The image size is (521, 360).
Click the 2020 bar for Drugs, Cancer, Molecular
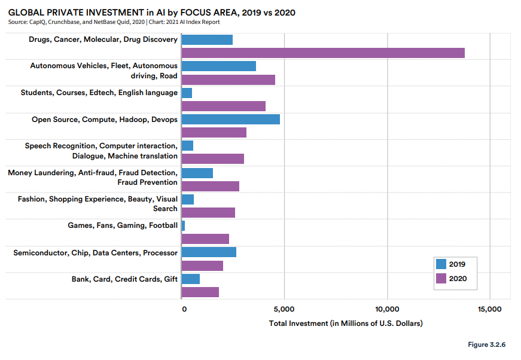(323, 53)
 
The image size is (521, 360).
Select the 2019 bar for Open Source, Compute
(230, 119)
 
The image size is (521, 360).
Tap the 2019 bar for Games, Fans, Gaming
(183, 225)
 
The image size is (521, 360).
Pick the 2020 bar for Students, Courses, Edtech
(223, 106)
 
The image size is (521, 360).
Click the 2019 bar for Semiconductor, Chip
(209, 252)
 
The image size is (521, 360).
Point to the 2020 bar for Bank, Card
(200, 292)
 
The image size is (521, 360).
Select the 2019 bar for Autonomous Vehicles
(218, 66)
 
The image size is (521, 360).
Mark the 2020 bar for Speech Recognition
(212, 159)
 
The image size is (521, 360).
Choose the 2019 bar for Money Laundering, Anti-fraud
(197, 173)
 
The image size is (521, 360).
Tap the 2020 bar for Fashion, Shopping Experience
(208, 212)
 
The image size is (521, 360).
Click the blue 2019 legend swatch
(441, 264)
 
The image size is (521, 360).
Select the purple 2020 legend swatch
(441, 278)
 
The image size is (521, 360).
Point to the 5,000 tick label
(284, 309)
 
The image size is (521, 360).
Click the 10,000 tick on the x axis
(387, 309)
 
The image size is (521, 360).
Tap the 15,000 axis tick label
(490, 309)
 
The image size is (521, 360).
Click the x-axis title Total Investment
(346, 324)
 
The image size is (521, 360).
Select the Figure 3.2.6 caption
(487, 345)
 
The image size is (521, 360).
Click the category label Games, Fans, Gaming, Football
(123, 225)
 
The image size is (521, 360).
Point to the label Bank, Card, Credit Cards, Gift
(124, 279)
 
